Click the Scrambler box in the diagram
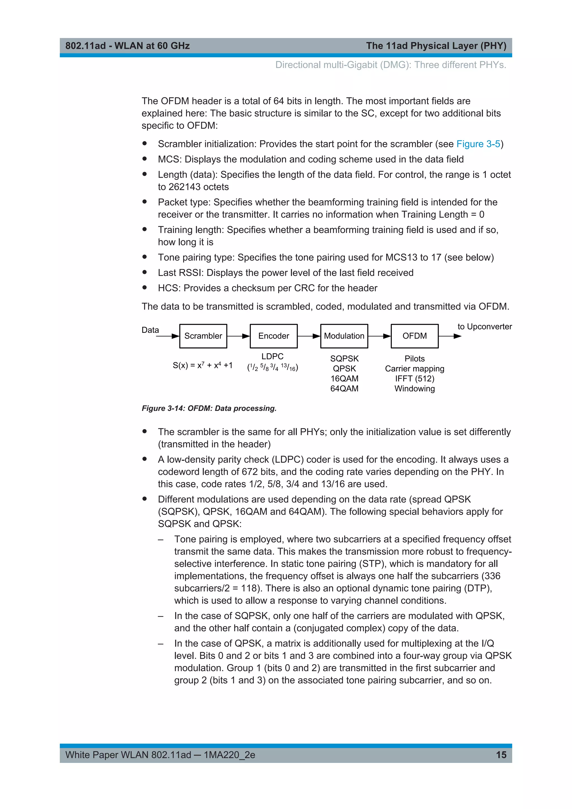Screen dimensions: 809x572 point(203,336)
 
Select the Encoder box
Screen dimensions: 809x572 point(274,336)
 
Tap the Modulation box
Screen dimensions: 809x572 point(344,336)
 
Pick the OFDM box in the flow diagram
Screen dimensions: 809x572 point(414,336)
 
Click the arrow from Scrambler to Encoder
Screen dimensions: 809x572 point(239,336)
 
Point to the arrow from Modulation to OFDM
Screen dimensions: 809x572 point(379,336)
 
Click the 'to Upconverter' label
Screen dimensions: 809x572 point(484,327)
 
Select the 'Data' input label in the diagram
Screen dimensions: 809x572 point(150,330)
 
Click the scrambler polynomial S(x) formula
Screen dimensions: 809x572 point(202,365)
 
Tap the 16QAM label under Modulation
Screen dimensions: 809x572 point(344,379)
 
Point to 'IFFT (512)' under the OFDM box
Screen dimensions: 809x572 point(414,379)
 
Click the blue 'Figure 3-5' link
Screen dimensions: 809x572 point(478,144)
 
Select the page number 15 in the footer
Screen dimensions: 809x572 point(501,755)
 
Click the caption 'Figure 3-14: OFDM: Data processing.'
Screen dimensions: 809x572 point(209,408)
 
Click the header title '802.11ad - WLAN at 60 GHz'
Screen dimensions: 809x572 point(128,46)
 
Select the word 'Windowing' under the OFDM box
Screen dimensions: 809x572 point(414,389)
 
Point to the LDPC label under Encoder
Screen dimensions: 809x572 point(272,356)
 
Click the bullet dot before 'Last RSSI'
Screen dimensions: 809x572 point(144,272)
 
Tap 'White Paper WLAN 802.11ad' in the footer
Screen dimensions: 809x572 point(128,755)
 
